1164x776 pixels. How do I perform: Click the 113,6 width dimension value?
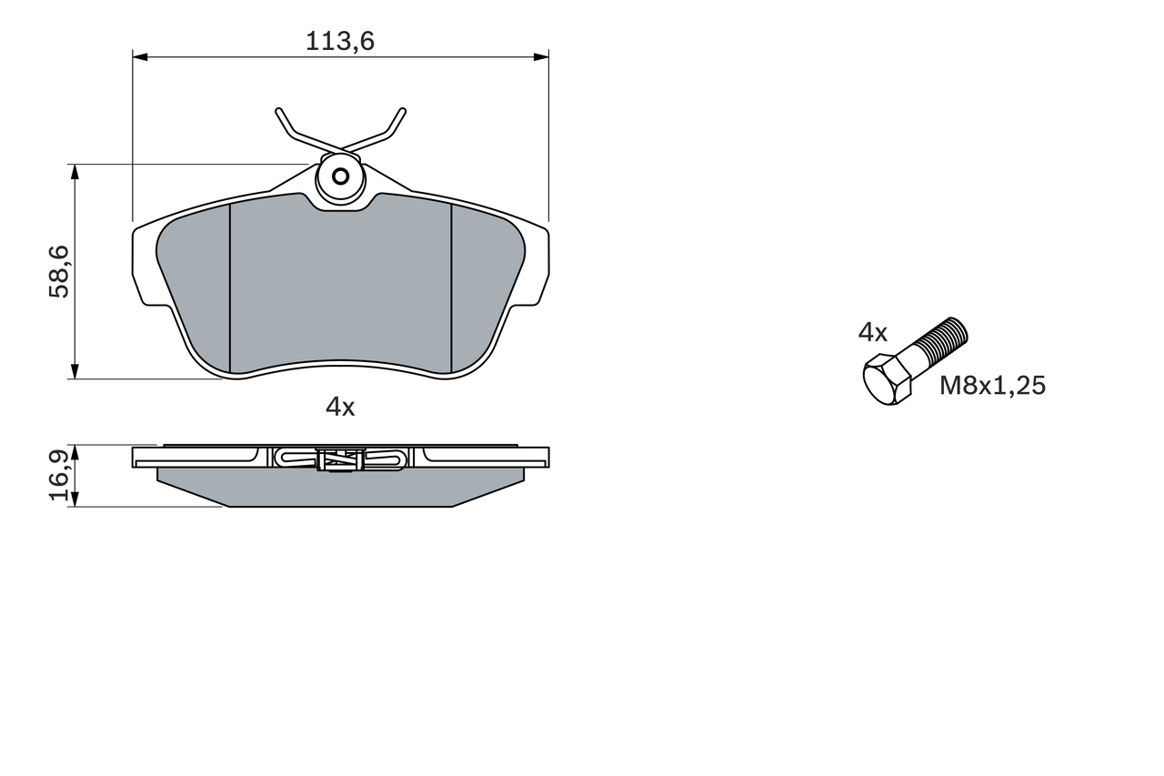point(340,41)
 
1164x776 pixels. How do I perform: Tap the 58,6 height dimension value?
point(59,271)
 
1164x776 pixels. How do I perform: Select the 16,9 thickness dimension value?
point(59,476)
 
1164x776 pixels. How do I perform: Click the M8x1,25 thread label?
point(992,387)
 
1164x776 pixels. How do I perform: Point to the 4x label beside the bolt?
point(872,333)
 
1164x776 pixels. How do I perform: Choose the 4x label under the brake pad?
point(340,407)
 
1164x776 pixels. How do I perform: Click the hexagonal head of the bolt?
point(887,379)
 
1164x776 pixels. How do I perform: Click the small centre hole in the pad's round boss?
point(341,176)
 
